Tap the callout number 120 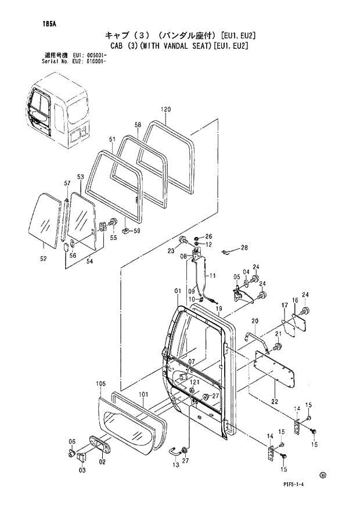tap(165, 110)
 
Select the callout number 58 tap(138, 125)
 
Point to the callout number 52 tap(43, 259)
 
